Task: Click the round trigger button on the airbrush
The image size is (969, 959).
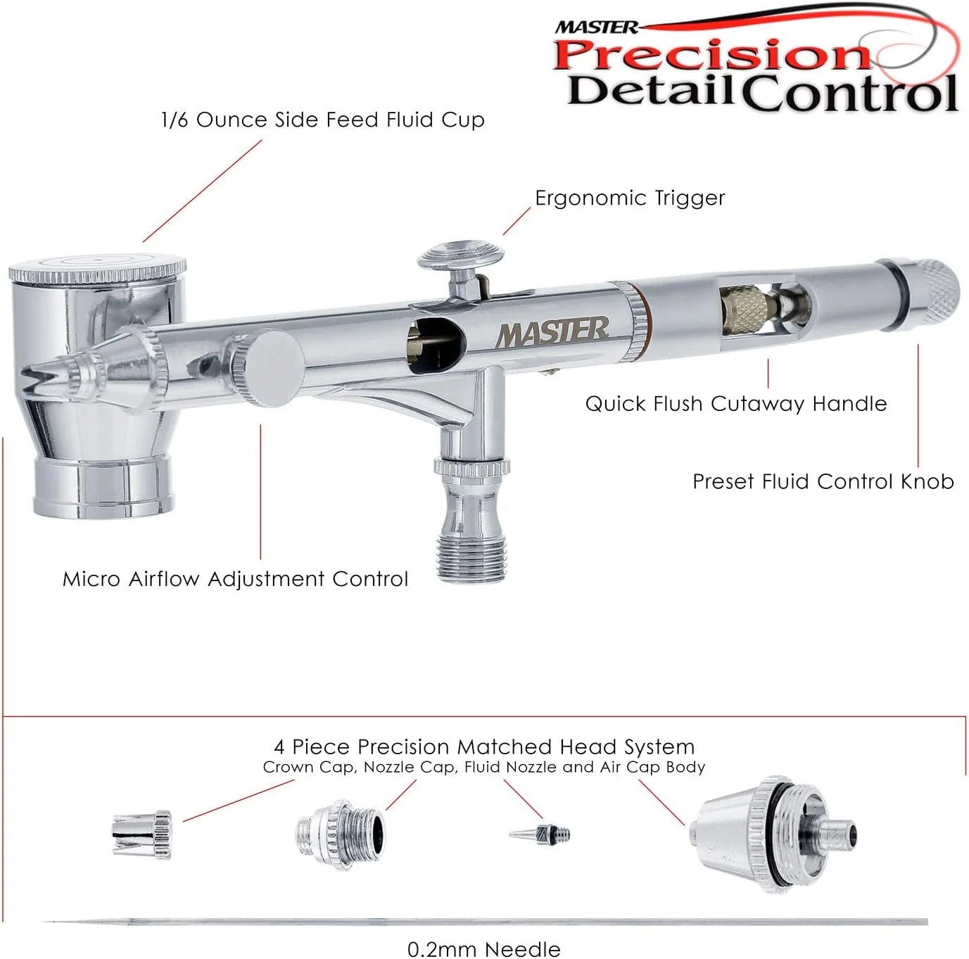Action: coord(460,255)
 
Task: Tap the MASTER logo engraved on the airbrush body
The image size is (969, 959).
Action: coord(552,332)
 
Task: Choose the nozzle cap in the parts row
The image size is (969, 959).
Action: coord(341,835)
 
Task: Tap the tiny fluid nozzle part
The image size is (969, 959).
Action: coord(540,834)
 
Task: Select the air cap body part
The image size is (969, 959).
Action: coord(773,834)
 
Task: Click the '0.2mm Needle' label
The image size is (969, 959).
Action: coord(483,949)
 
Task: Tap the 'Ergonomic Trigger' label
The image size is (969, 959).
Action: coord(630,198)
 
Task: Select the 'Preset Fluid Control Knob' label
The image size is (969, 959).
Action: coord(823,481)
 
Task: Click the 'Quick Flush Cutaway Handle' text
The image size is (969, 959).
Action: coord(736,403)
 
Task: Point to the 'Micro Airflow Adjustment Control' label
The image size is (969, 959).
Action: coord(235,579)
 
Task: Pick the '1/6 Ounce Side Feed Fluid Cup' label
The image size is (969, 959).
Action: coord(323,120)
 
